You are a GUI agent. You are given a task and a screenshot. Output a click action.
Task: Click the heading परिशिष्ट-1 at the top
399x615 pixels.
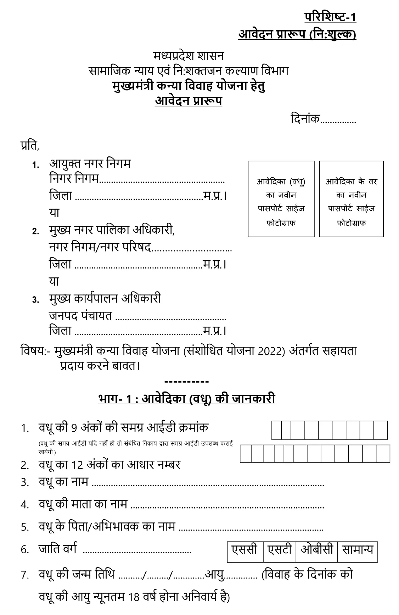(x=330, y=17)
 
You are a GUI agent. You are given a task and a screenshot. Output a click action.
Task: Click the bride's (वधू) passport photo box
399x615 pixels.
(x=281, y=199)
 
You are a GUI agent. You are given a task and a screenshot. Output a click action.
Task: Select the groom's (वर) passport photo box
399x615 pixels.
(x=351, y=199)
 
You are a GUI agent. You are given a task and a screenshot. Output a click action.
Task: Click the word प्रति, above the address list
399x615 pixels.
(x=30, y=145)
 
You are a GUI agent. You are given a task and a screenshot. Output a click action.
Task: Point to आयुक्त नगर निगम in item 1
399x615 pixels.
(x=90, y=164)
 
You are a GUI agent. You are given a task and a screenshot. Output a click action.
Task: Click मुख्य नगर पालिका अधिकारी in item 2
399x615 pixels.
(x=112, y=230)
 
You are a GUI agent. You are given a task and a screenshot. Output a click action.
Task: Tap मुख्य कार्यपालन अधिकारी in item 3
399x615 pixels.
(x=105, y=299)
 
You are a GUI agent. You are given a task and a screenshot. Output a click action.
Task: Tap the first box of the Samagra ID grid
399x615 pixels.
(x=277, y=430)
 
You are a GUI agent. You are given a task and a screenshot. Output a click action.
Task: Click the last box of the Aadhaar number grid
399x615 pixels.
(x=383, y=454)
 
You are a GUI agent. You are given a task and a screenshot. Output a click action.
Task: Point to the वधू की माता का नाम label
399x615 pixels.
(x=83, y=504)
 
